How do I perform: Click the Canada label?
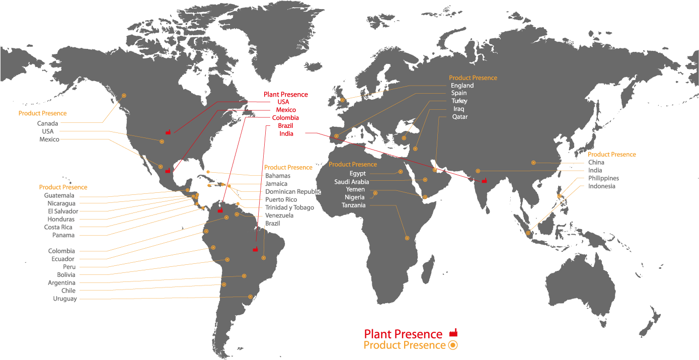pos(48,123)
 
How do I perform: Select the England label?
pos(462,86)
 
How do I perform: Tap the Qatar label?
pos(460,117)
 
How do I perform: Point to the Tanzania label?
pos(354,205)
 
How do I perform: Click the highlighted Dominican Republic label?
pos(292,192)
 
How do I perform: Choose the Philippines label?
pos(603,178)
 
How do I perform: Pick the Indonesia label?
pos(601,186)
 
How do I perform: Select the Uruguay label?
pos(65,299)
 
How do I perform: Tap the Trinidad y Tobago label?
pos(289,207)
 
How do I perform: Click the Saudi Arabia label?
pos(352,182)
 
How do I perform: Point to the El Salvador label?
pos(63,211)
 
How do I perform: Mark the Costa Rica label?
pos(58,227)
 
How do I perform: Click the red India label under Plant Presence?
pos(286,133)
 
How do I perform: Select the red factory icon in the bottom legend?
pos(453,333)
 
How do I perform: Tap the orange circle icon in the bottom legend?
pos(452,345)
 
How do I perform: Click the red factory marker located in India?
pos(484,180)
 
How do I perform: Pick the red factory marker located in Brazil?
pos(256,249)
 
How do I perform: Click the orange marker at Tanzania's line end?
pos(407,238)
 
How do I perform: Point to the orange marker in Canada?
pos(124,96)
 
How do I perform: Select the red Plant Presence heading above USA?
pos(286,95)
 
